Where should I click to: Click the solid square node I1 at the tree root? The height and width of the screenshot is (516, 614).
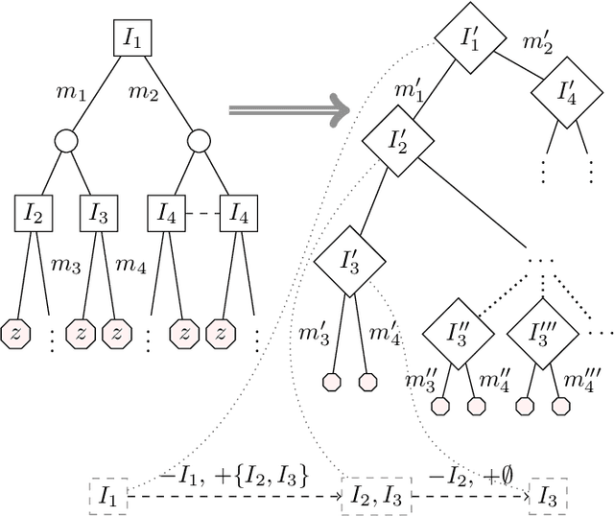coord(131,41)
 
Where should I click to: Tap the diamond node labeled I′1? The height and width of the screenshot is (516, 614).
coord(470,41)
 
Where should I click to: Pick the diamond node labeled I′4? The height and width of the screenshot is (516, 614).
coord(567,93)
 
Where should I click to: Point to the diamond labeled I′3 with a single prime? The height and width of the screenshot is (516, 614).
coord(350,260)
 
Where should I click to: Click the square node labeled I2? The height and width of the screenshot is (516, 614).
coord(32,213)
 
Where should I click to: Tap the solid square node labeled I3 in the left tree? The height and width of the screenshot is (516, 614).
coord(99,213)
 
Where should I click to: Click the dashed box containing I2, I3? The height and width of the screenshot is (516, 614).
coord(375,496)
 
